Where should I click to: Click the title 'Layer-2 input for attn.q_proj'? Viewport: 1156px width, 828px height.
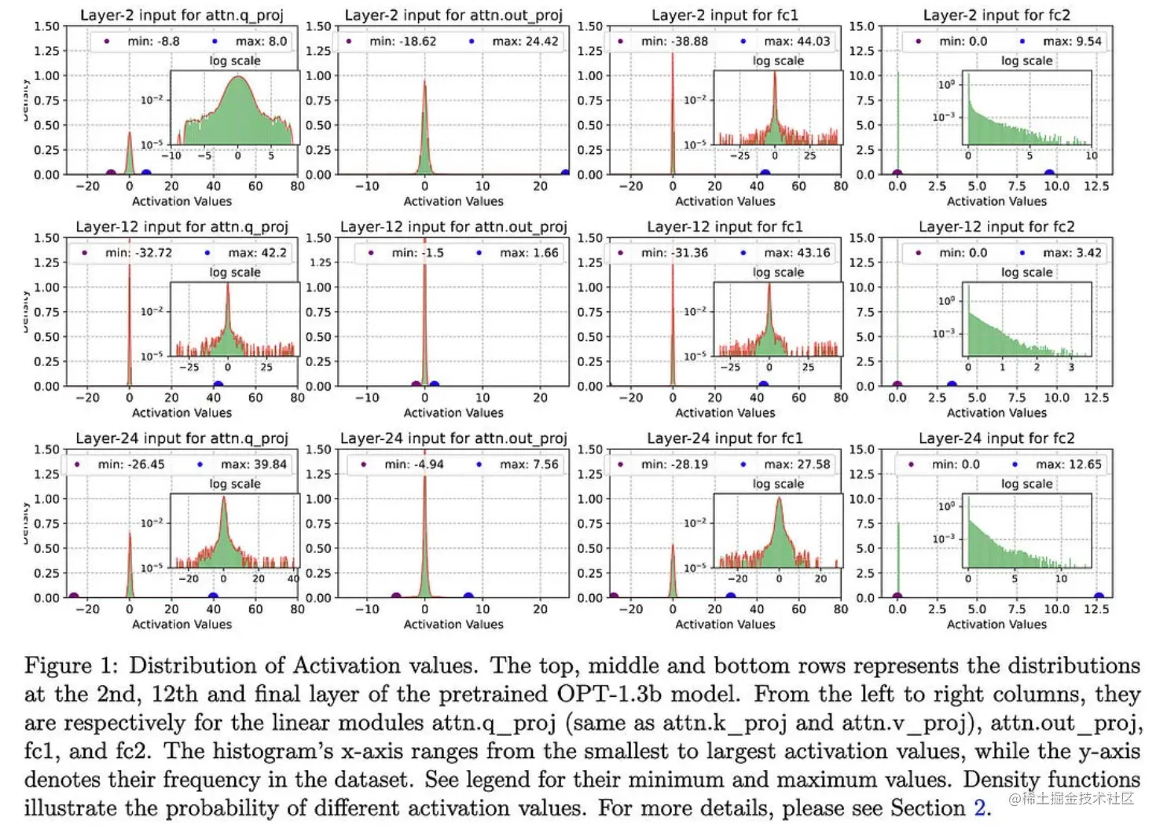click(x=182, y=15)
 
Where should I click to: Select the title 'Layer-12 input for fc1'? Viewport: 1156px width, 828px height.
click(x=725, y=227)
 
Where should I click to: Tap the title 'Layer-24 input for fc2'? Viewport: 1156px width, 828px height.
click(x=996, y=438)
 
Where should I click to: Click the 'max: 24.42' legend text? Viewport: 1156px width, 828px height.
click(x=525, y=42)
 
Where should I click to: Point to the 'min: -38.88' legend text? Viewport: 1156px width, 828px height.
click(x=674, y=42)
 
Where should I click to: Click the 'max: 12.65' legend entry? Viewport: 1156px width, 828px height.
click(x=1068, y=464)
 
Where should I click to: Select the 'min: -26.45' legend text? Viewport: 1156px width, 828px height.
click(x=131, y=464)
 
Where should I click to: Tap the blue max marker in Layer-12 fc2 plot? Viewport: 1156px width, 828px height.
click(x=952, y=386)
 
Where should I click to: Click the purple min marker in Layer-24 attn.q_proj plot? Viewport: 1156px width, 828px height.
click(x=74, y=597)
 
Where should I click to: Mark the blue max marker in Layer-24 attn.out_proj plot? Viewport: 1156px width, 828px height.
click(x=468, y=597)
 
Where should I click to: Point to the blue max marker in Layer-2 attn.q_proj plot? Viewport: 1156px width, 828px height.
click(x=146, y=174)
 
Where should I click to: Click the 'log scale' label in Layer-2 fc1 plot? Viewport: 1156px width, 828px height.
click(x=778, y=60)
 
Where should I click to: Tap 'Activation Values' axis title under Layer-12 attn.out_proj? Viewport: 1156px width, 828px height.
click(x=453, y=412)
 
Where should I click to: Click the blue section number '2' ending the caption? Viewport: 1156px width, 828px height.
click(x=979, y=808)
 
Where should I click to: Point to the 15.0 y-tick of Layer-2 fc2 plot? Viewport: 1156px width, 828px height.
click(x=861, y=26)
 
